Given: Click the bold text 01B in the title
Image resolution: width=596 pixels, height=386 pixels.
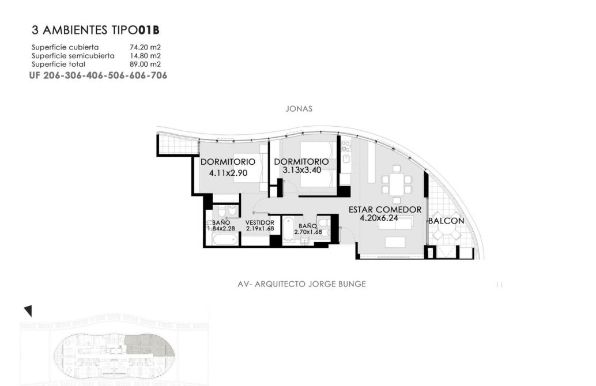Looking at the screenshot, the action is coord(148,30).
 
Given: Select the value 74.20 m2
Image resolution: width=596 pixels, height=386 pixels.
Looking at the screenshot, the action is coord(145,47).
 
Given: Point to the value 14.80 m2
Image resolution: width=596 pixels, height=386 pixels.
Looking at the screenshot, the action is coord(145,56).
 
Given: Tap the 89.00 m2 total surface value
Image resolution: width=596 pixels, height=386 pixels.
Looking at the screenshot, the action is coord(145,64).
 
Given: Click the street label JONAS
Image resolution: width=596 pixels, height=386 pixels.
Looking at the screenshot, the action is coord(299,109).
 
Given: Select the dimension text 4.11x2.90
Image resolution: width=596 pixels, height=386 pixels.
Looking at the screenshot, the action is coord(228,173).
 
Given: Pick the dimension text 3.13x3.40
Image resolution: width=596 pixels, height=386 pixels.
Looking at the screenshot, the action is coord(302,170).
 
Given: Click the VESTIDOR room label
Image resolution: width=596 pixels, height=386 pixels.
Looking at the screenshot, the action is coord(260,222).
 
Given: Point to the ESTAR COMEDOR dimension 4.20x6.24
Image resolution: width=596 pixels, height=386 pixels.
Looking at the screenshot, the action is coord(379,218).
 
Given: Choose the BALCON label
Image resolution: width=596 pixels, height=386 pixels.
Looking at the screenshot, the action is coord(446,221).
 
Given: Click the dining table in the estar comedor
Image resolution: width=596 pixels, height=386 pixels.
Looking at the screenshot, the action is coord(397,184).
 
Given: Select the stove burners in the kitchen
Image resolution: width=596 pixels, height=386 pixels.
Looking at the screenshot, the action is coord(346,147).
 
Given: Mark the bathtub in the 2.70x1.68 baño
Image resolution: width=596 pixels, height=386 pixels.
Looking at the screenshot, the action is coord(288,229).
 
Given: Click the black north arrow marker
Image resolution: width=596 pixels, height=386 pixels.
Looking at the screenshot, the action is coord(28,311).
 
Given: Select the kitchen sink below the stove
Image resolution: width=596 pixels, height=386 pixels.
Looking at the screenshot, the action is coord(346,159).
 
